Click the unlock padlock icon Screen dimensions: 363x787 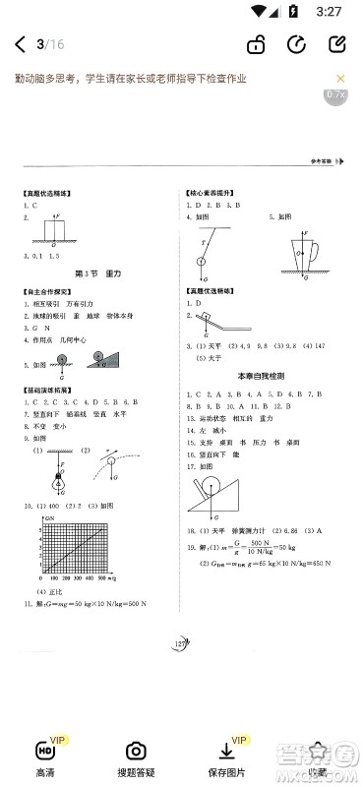point(256,45)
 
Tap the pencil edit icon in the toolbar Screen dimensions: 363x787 point(336,45)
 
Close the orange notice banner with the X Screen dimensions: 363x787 point(341,79)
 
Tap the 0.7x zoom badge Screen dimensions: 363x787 point(334,94)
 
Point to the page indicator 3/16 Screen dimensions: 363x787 point(49,45)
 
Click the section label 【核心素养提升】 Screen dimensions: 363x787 point(212,194)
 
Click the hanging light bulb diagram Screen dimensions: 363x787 point(59,473)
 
